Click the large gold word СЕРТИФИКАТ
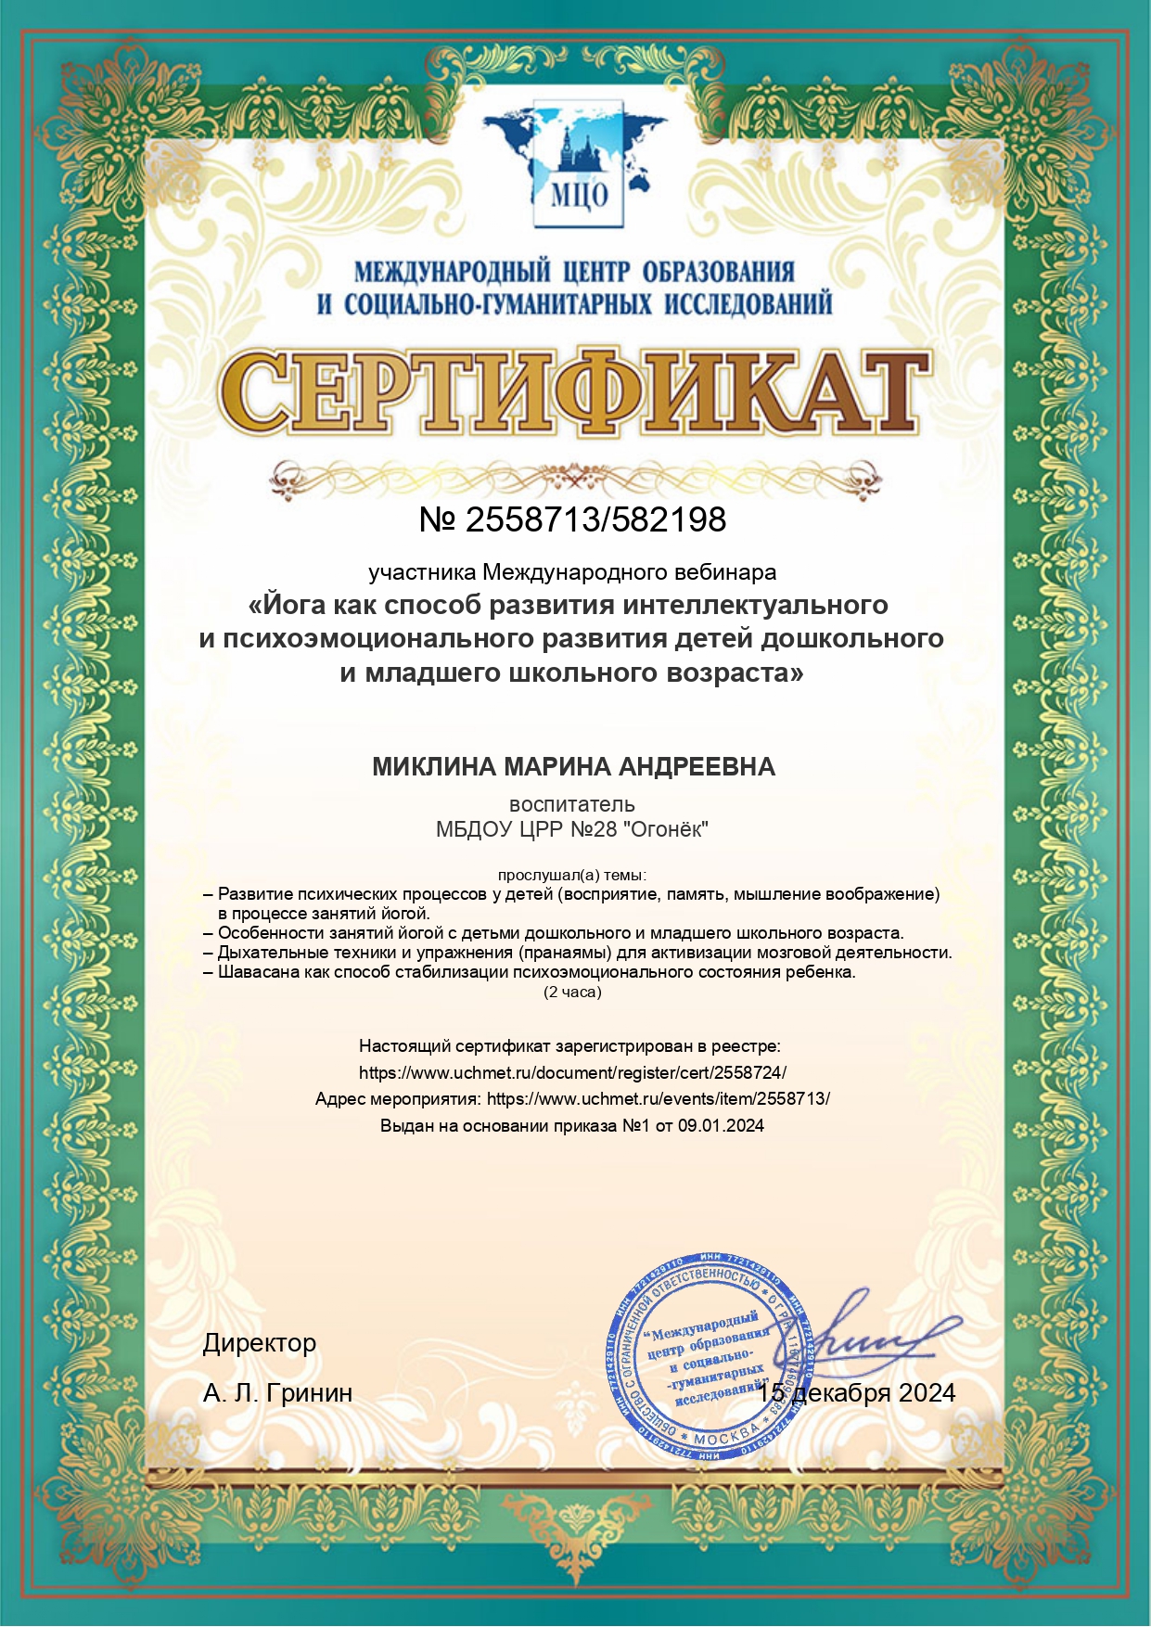(575, 393)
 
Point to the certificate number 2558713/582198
(595, 520)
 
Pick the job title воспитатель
(572, 804)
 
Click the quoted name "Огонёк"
(667, 829)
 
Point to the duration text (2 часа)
(572, 993)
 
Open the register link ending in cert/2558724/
(572, 1073)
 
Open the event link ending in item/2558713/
(658, 1099)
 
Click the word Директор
(260, 1343)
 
